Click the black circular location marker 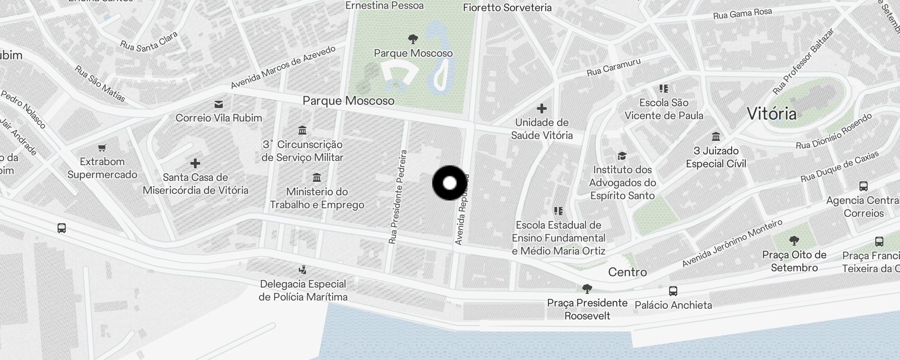click(450, 183)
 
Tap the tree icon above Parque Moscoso click(413, 39)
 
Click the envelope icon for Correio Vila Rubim click(219, 104)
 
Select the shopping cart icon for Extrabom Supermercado click(102, 148)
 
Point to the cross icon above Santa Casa click(195, 163)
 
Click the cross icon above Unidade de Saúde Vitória click(542, 108)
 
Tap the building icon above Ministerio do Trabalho click(317, 178)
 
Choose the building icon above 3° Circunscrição click(302, 130)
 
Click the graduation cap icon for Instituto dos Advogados click(622, 156)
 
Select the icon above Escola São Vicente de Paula click(664, 88)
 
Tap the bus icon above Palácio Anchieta click(673, 291)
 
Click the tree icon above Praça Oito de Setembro click(794, 241)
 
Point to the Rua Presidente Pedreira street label click(398, 197)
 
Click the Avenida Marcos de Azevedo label click(283, 67)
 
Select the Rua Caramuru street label click(613, 67)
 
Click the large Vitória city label click(772, 113)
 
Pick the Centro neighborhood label click(627, 272)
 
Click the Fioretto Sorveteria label click(507, 8)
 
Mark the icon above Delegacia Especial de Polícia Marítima click(303, 270)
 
